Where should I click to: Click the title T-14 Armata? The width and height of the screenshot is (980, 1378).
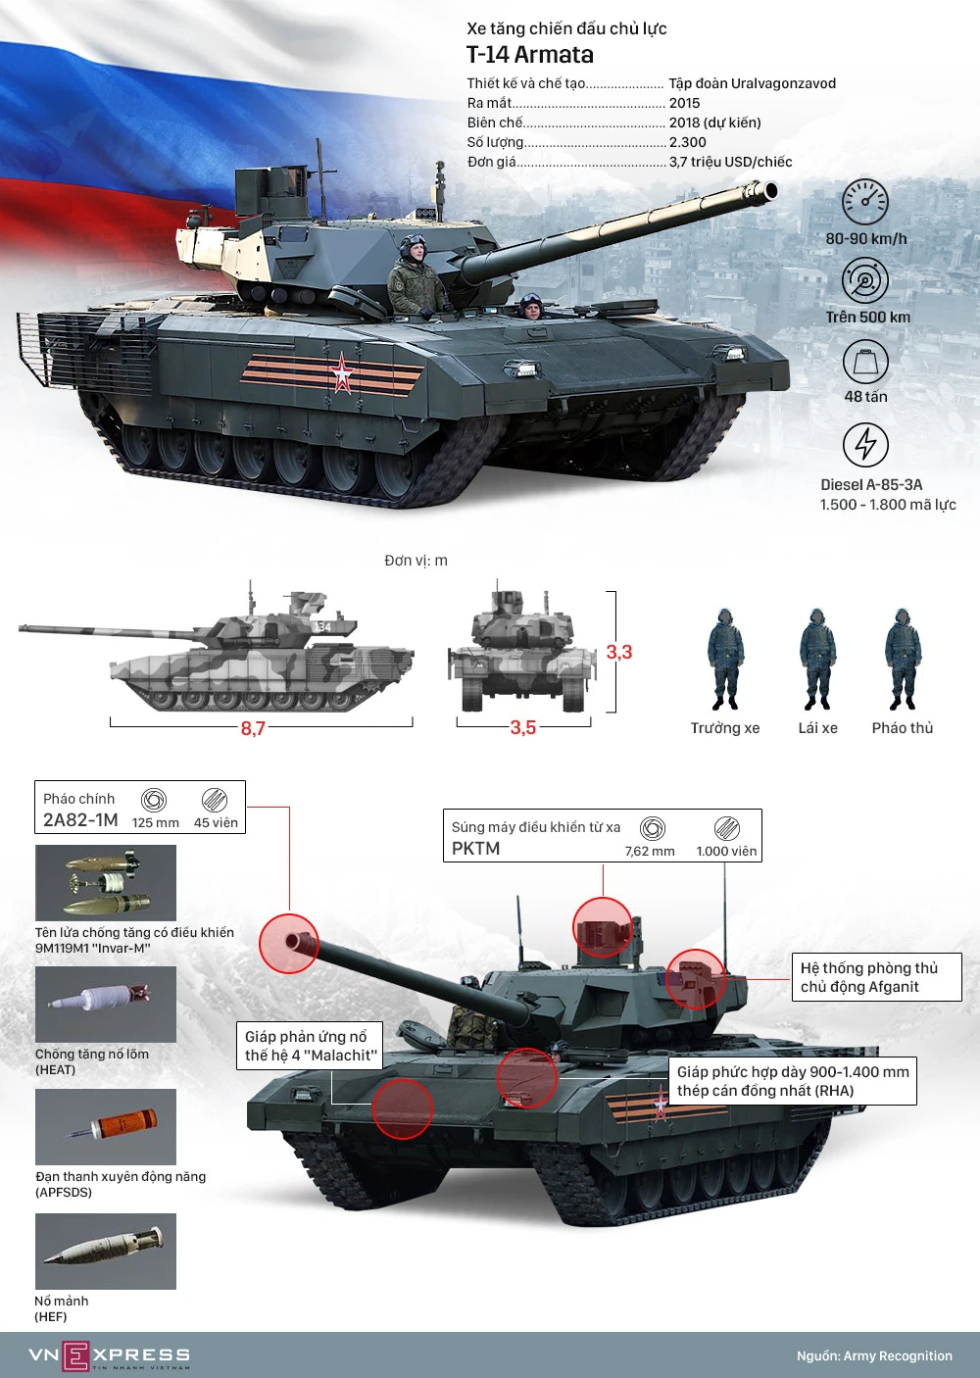click(529, 55)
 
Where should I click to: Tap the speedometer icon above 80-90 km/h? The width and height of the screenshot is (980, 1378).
click(865, 202)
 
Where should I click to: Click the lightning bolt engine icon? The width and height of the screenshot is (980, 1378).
click(865, 444)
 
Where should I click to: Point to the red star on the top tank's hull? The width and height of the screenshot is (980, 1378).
click(341, 372)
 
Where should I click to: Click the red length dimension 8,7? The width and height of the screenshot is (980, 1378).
click(252, 728)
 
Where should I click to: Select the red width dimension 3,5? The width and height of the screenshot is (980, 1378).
click(523, 728)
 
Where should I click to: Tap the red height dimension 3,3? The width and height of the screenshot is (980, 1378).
click(619, 652)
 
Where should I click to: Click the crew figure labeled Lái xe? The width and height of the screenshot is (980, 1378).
click(817, 659)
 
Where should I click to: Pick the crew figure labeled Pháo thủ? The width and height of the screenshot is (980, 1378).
click(903, 659)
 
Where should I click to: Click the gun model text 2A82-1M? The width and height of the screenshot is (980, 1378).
click(80, 820)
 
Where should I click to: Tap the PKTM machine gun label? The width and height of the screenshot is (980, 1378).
click(475, 849)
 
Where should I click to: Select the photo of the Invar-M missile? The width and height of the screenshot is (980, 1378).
click(106, 882)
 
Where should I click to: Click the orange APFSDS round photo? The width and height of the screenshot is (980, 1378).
click(106, 1127)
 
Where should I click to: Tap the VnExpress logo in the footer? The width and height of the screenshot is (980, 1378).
click(109, 1354)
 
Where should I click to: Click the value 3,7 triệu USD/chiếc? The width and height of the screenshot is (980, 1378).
click(731, 162)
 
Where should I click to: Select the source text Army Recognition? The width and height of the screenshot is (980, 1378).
click(898, 1355)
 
